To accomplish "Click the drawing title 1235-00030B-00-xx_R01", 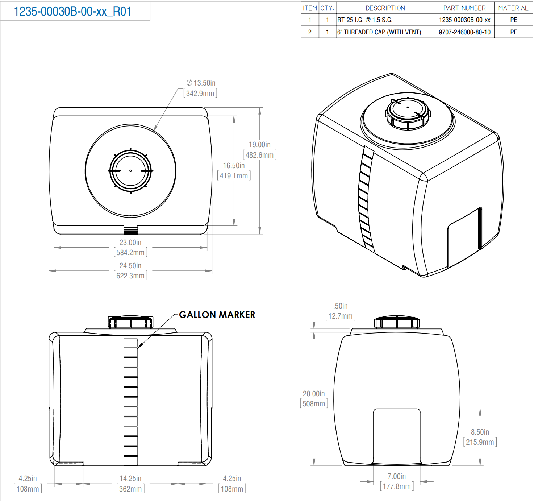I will coord(72,12).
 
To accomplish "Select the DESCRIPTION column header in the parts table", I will coord(385,8).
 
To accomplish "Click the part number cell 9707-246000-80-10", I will coord(464,32).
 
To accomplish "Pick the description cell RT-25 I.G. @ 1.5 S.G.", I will coord(365,20).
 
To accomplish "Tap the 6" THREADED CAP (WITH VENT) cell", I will coord(379,32).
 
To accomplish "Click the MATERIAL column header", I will coord(513,8).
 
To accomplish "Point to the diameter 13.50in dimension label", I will coord(201,83).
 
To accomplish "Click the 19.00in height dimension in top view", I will coord(259,145).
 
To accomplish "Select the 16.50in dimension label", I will coord(234,166).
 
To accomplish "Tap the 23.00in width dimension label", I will coord(130,243).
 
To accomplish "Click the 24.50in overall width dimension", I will coord(130,266).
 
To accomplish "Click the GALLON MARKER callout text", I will coord(217,315).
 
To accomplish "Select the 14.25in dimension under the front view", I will coord(130,479).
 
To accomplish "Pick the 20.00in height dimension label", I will coord(314,394).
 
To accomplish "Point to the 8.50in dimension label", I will coord(480,432).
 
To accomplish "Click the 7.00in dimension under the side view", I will coord(397,476).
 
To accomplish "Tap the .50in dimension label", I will coord(341,306).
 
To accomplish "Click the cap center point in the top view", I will coord(130,171).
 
